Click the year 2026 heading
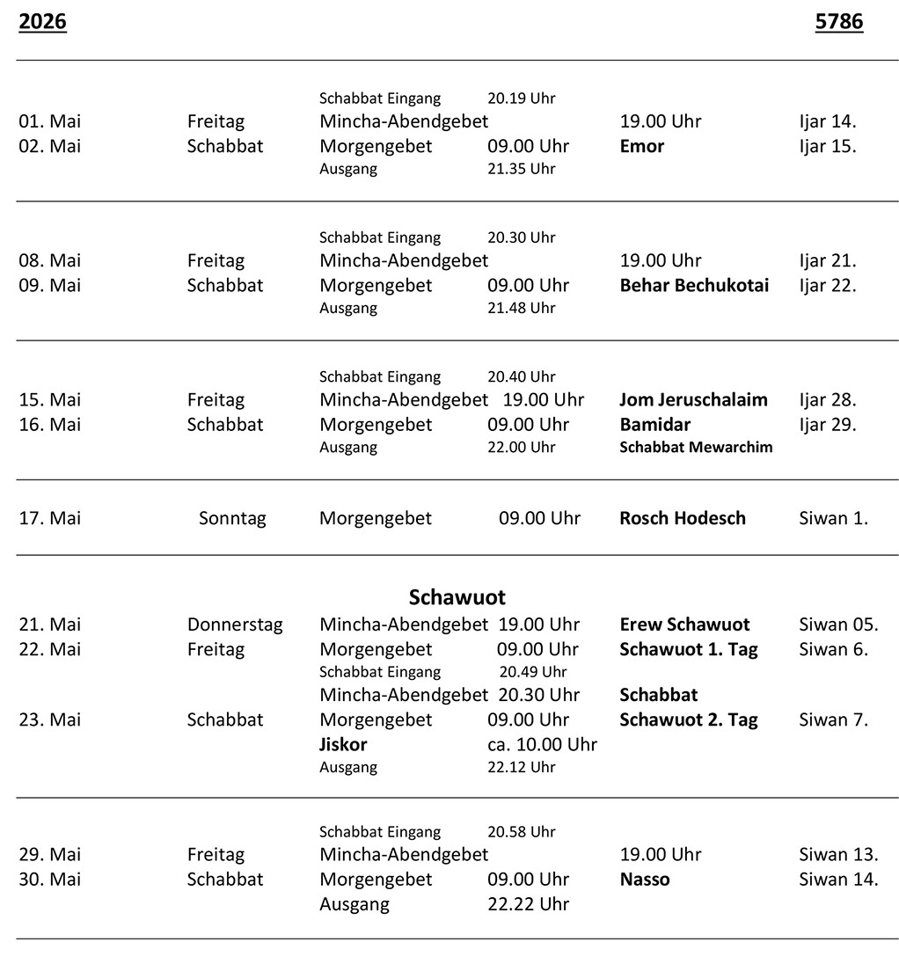point(42,22)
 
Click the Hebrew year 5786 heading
point(838,22)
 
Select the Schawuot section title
point(457,598)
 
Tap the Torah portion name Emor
point(641,146)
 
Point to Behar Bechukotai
point(693,285)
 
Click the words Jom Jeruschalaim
point(693,399)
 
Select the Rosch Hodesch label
point(682,518)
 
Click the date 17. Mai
point(49,518)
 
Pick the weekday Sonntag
point(232,518)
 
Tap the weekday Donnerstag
point(235,624)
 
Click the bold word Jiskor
point(343,744)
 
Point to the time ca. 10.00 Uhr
point(542,744)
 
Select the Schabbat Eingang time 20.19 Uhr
point(521,99)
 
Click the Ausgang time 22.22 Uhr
point(528,903)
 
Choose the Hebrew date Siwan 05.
point(837,624)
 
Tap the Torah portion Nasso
point(644,879)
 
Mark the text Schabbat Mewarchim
point(696,447)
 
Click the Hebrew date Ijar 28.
point(827,399)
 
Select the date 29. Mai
point(49,854)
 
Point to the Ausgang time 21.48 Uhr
point(521,308)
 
